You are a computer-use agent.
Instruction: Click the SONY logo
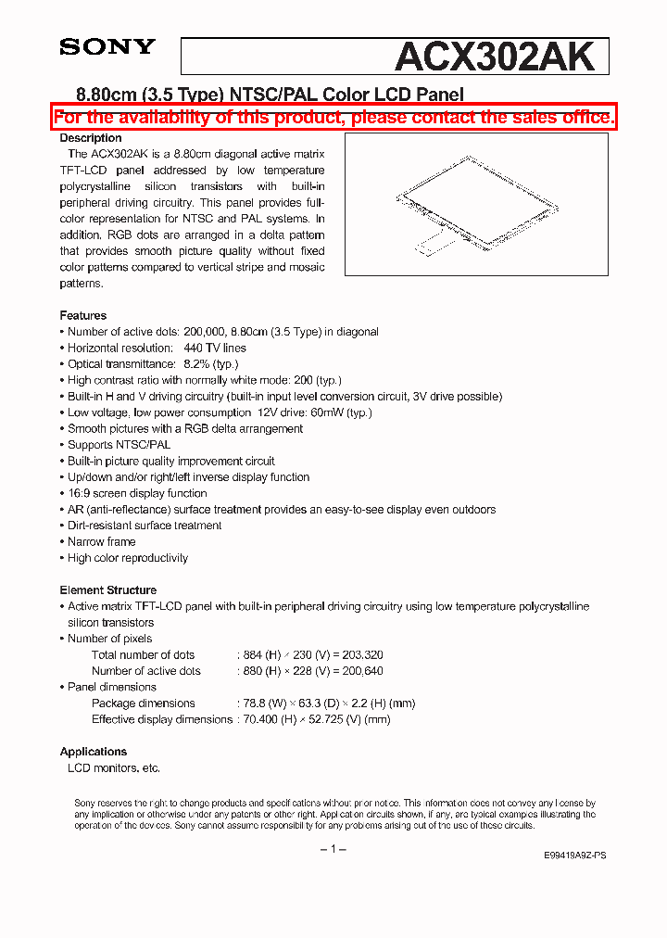point(107,46)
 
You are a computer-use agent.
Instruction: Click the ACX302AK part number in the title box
point(494,57)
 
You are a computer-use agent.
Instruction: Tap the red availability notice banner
point(333,117)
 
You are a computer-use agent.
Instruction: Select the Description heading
point(91,138)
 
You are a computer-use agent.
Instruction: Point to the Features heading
point(83,316)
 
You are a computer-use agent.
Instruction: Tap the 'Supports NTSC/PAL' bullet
point(119,445)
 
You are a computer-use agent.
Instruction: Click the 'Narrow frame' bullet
point(101,542)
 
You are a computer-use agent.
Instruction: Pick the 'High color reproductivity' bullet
point(127,558)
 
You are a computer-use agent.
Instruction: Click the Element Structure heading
point(108,590)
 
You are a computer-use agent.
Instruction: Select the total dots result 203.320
point(360,655)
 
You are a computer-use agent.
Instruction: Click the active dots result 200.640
point(360,671)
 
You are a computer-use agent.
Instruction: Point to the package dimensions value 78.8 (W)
point(266,703)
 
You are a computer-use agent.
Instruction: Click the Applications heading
point(94,752)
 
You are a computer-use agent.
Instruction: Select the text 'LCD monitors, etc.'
point(114,768)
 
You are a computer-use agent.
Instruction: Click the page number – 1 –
point(333,849)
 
